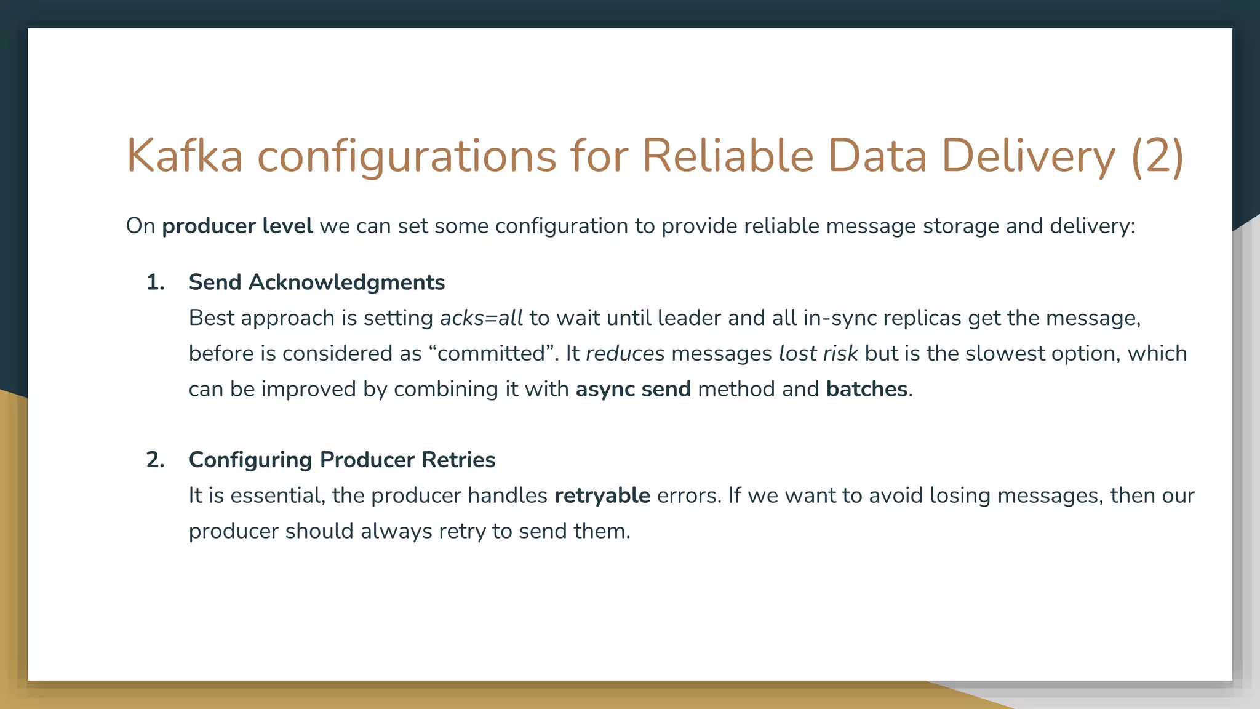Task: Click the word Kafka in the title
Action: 185,156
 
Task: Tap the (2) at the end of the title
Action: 1157,156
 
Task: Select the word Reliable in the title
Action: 728,156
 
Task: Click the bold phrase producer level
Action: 237,226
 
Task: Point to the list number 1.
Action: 155,282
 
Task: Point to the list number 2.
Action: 155,460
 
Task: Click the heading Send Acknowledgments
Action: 316,282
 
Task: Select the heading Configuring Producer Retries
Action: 341,460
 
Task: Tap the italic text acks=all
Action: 481,318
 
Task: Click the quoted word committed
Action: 492,354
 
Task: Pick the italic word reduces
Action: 625,354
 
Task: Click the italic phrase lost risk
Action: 818,354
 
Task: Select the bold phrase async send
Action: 633,390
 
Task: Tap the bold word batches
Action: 866,390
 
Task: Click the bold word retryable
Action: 602,495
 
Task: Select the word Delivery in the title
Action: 1027,156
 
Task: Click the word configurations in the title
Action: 406,156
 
